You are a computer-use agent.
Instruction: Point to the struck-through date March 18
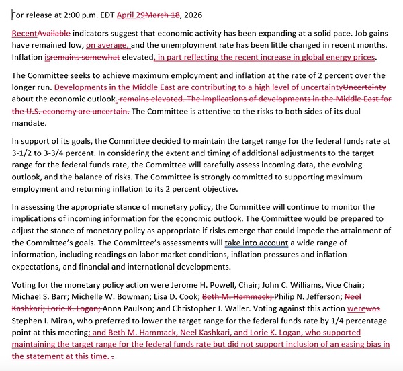coord(166,14)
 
